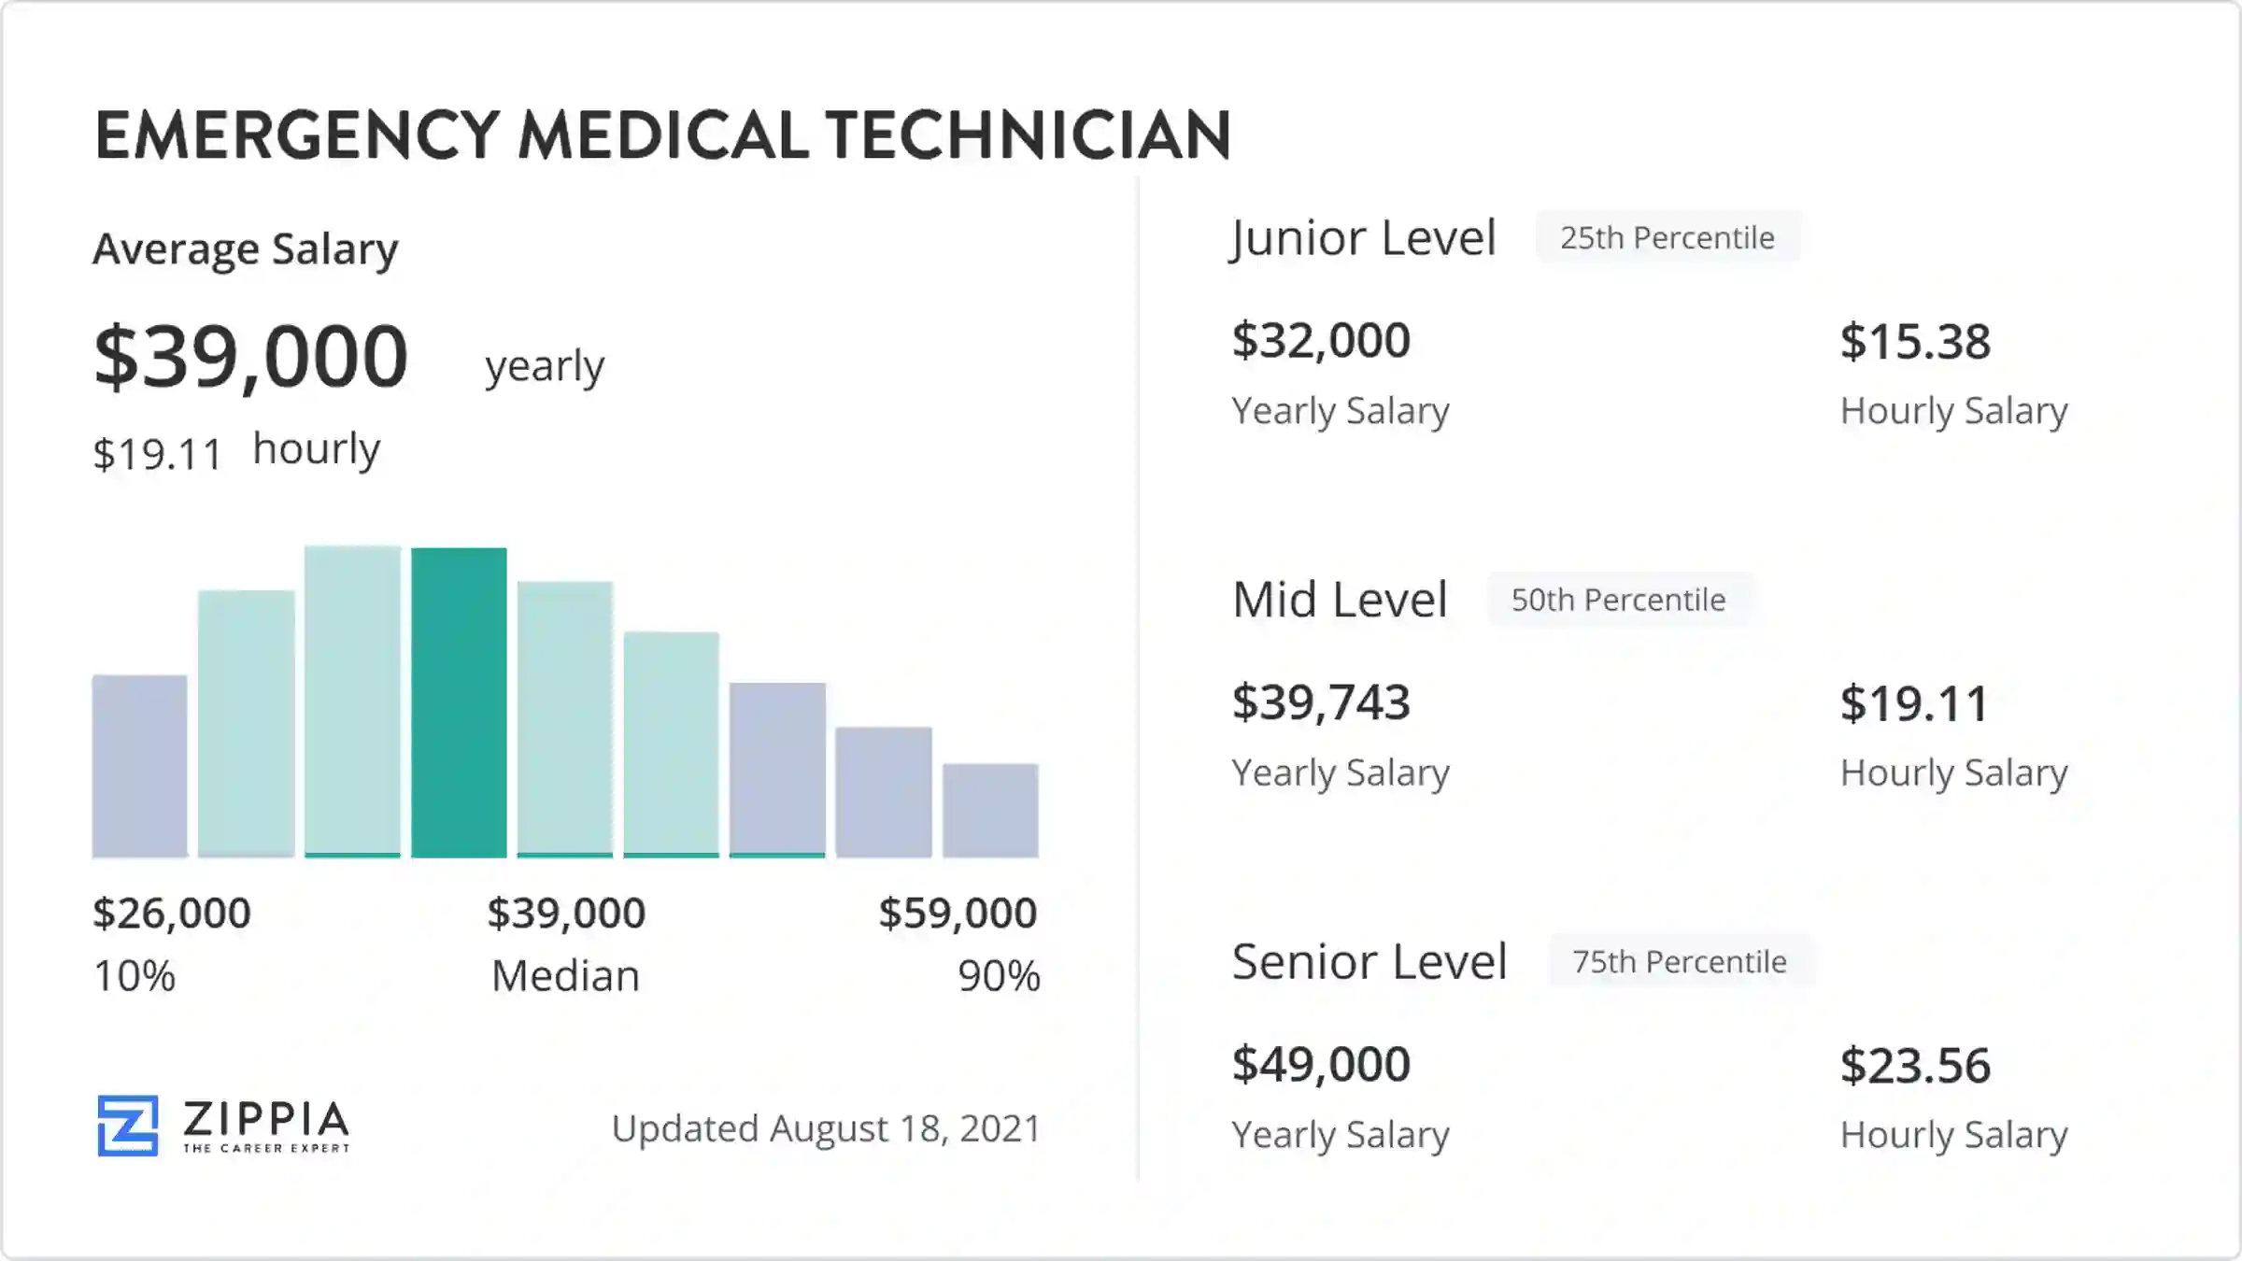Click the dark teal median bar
pos(459,702)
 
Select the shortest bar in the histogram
pos(990,811)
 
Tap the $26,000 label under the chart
pos(172,914)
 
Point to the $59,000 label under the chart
pos(958,914)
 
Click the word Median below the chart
pos(565,976)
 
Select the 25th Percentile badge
pos(1667,238)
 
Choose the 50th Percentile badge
pos(1619,600)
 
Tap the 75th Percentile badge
pos(1680,961)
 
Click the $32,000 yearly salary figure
pos(1321,341)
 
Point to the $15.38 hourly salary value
pos(1915,342)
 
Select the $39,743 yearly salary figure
pos(1321,702)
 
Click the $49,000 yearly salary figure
pos(1321,1064)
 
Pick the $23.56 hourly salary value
pos(1915,1066)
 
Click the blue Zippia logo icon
pos(128,1126)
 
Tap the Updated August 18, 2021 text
pos(826,1129)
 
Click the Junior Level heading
pos(1363,238)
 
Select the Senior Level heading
pos(1369,961)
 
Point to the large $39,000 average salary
pos(251,357)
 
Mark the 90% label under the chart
pos(999,976)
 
